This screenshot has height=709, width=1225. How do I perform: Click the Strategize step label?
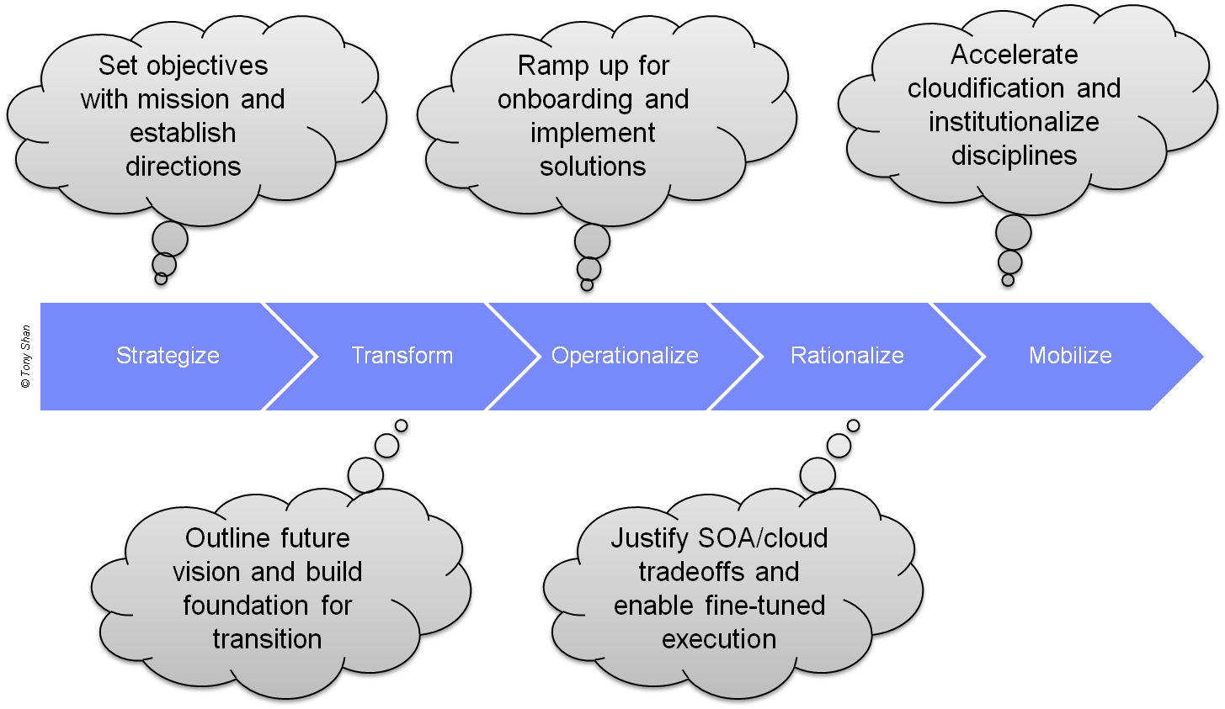point(168,356)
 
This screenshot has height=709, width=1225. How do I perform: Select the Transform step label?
point(402,356)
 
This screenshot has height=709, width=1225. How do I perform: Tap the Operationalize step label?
point(625,356)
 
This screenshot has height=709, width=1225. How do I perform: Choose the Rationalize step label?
point(847,356)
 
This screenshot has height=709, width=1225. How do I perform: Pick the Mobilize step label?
point(1070,356)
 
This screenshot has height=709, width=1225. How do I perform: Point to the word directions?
point(183,167)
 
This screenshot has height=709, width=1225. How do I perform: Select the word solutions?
point(593,167)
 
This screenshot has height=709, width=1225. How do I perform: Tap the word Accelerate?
point(1014,55)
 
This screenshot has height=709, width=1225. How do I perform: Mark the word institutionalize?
point(1014,122)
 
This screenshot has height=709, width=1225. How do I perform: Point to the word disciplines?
point(1014,156)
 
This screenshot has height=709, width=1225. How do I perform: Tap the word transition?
point(267,639)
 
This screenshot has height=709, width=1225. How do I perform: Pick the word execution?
point(719,639)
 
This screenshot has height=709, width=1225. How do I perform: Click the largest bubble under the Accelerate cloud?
point(1013,233)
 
